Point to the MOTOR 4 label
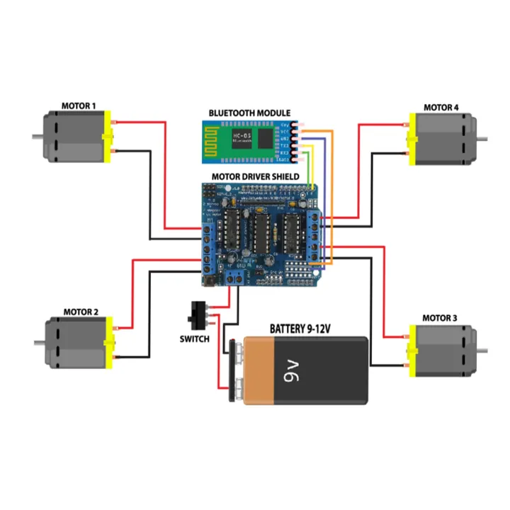coord(441,108)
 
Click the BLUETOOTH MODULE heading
coord(249,113)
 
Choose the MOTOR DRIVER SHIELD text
coord(255,176)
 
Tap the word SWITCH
coord(194,339)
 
